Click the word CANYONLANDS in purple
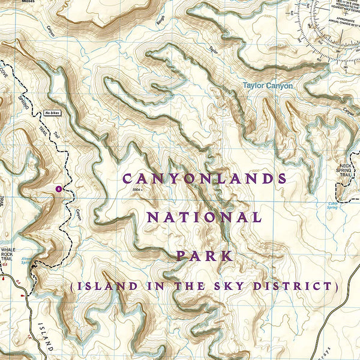coord(205,178)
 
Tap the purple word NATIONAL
coord(204,217)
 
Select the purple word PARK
coord(204,256)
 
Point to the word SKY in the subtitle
coord(241,286)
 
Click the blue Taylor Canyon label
coord(268,86)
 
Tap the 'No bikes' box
coord(52,113)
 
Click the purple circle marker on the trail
coord(58,188)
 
